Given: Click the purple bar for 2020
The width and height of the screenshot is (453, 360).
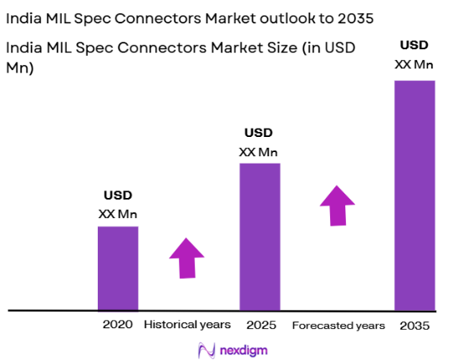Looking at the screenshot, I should coord(118,268).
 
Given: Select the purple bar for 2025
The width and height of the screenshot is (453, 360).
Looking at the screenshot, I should coord(259,236).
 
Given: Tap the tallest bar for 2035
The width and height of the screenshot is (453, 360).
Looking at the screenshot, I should coord(415,195).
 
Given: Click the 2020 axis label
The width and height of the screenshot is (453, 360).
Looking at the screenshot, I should coord(118,324).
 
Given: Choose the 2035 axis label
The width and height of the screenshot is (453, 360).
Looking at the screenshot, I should coord(415,324).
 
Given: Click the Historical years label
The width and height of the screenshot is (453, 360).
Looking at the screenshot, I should coord(186,324).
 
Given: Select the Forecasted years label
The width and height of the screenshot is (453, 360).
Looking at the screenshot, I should coord(338,324).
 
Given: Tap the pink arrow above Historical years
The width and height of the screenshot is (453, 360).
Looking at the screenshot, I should coord(186,258).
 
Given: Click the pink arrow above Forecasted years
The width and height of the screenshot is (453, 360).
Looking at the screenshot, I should coord(338,205).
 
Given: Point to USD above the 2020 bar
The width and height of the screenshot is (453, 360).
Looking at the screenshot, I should coord(118,197).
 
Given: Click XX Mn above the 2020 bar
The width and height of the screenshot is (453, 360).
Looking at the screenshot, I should coord(118,214).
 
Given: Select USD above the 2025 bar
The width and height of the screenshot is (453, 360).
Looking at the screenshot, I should coord(259,134).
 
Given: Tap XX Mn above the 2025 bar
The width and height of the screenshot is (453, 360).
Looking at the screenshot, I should coord(259,151).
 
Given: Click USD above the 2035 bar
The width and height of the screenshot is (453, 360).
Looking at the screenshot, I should coord(415,44).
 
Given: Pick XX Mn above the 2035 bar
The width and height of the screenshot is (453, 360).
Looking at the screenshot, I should coord(415,63).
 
